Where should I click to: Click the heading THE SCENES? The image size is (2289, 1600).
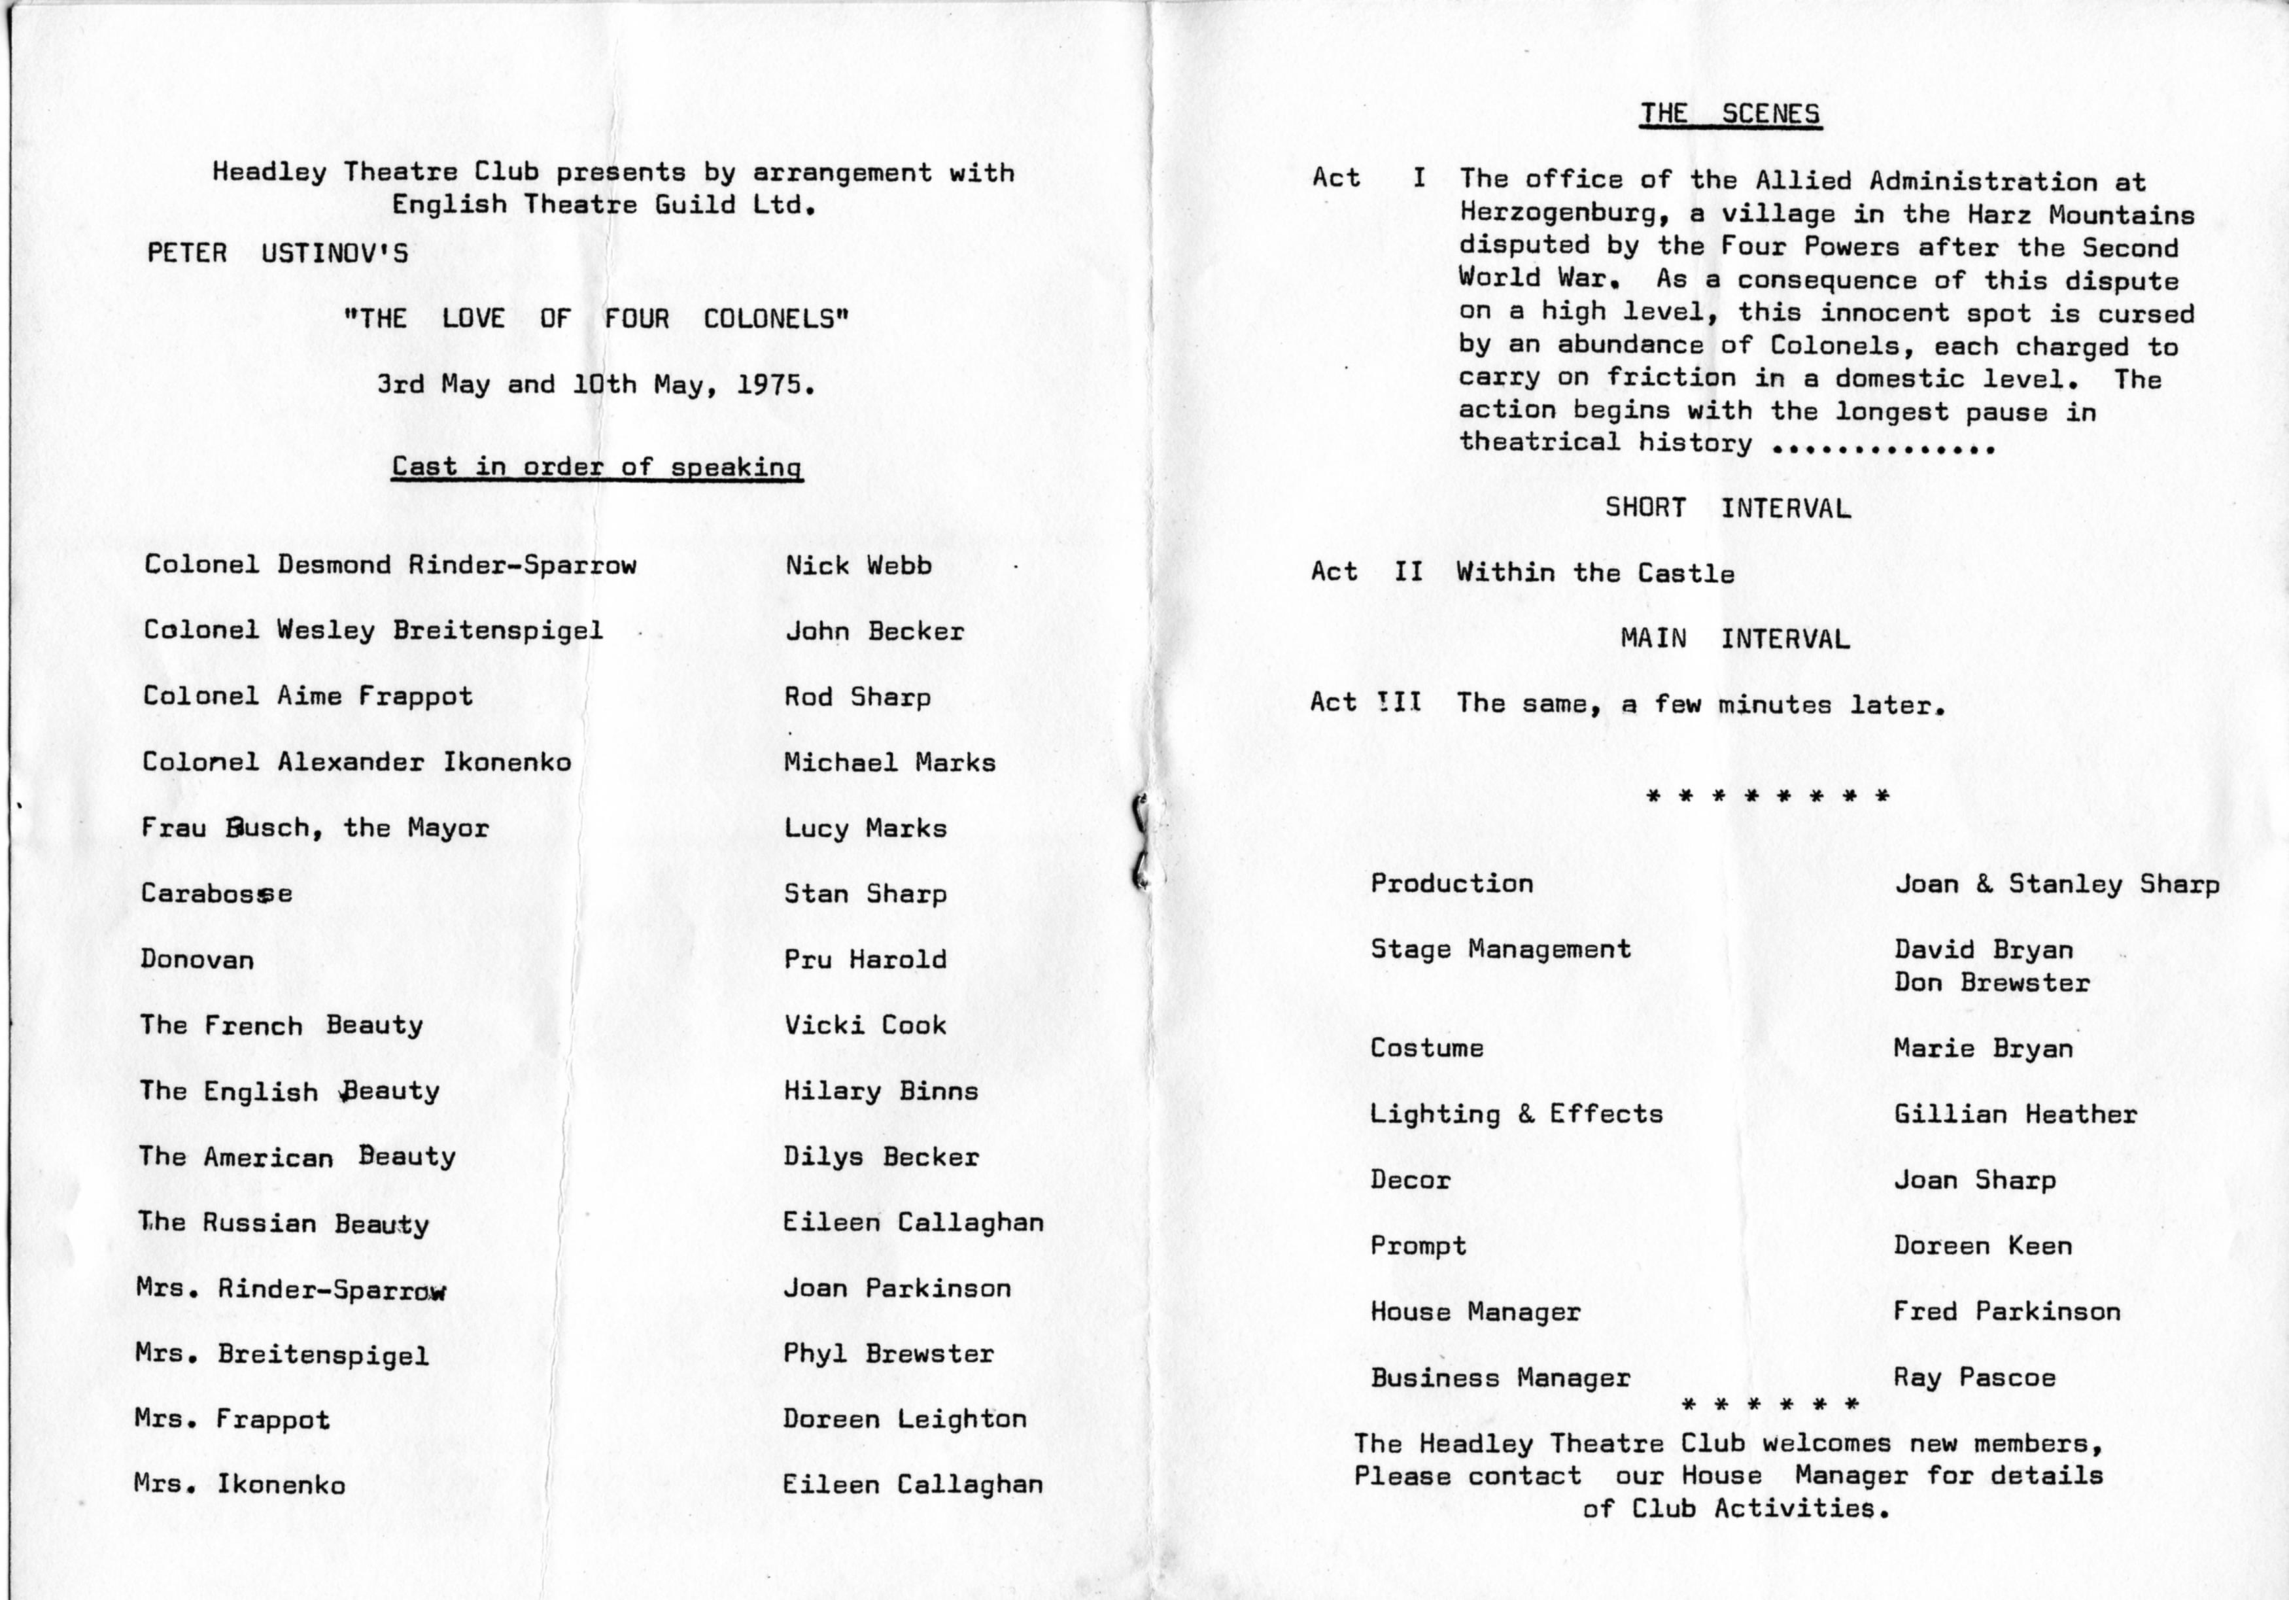[x=1730, y=114]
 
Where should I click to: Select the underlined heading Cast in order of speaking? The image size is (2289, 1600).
[x=596, y=466]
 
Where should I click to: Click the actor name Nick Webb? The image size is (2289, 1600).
[x=858, y=565]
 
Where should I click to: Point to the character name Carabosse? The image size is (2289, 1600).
[x=216, y=893]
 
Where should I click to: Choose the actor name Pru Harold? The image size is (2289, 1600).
[x=865, y=959]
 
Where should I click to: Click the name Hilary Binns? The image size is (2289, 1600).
[x=880, y=1090]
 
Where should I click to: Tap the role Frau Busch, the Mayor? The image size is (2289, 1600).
[x=315, y=827]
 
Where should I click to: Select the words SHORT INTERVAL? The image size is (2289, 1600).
[x=1727, y=508]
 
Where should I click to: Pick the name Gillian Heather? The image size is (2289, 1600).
[x=2015, y=1113]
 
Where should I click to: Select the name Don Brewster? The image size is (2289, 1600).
[x=1991, y=982]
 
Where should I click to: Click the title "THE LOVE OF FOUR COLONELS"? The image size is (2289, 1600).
[x=595, y=319]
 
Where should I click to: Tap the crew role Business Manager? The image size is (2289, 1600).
[x=1500, y=1378]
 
